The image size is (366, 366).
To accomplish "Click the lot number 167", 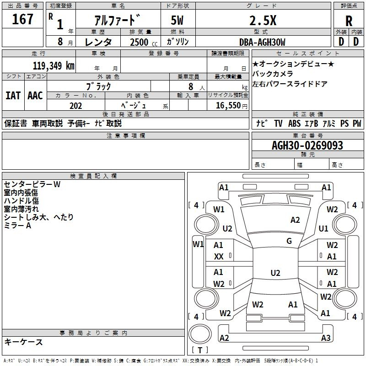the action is coord(22,19).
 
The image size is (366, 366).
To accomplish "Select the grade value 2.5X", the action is coord(263,21).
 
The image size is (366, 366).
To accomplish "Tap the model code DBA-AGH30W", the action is coord(262,42).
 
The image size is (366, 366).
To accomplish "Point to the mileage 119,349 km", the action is coord(54,65).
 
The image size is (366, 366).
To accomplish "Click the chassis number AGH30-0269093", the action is coord(307,145).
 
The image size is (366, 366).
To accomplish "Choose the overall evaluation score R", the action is coord(349,21).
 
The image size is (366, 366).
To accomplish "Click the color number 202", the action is coord(75,106).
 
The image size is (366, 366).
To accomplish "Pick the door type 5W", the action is coord(177,20).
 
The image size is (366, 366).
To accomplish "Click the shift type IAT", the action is coord(13,96).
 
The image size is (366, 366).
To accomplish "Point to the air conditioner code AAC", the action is coord(35,96).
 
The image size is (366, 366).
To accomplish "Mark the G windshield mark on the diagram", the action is coord(289,241).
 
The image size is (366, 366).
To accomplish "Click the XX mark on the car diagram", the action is coord(219,257).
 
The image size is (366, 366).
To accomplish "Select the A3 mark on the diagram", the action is coord(326,338).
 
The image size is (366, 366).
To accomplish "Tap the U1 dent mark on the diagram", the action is coord(323,228).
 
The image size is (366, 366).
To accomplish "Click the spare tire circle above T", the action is coord(200,334).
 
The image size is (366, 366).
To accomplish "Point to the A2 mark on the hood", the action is coord(295,220).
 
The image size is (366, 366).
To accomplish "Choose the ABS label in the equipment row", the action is coord(294,124).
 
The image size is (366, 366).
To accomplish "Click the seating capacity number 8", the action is coord(191,86).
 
